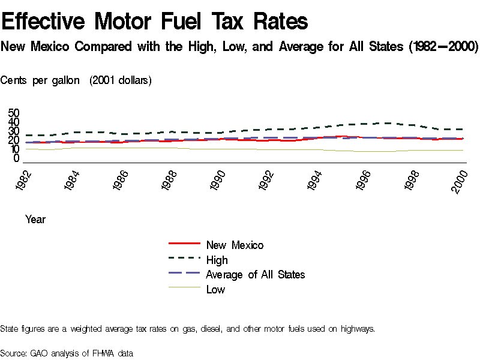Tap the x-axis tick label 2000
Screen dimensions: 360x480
(460, 179)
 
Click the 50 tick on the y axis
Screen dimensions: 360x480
(13, 113)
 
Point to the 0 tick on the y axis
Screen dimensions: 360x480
(16, 158)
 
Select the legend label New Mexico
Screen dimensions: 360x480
(235, 245)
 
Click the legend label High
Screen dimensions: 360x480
(217, 260)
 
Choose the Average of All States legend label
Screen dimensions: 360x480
(255, 274)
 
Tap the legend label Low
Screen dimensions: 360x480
(215, 289)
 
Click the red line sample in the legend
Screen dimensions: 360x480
(184, 244)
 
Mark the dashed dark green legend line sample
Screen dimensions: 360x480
(184, 259)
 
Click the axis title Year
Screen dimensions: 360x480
(35, 220)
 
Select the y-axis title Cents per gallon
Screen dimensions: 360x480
(40, 80)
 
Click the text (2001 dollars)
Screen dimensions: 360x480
(121, 80)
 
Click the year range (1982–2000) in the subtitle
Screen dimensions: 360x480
(443, 47)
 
